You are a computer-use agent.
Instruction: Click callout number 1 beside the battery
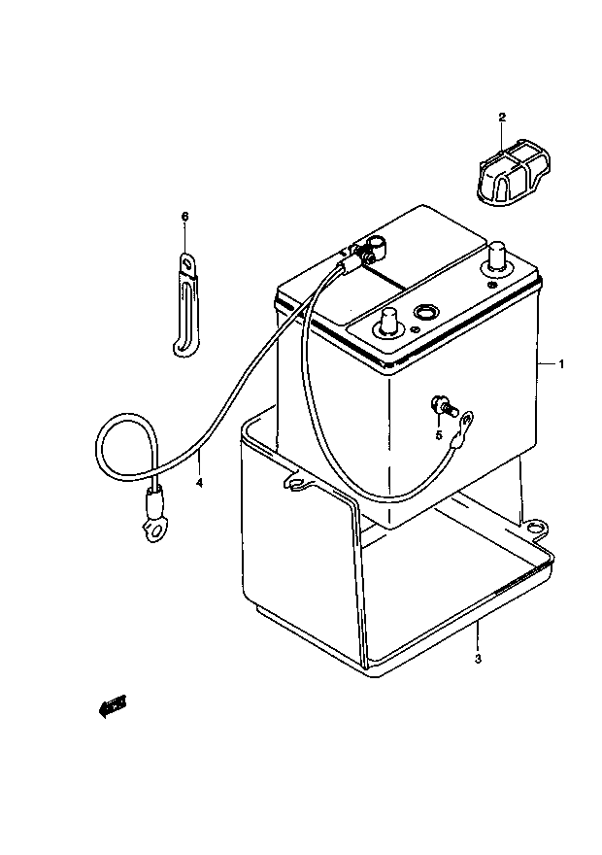(x=561, y=363)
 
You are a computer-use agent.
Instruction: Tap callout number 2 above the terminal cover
(x=502, y=117)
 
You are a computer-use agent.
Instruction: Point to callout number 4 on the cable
(x=199, y=483)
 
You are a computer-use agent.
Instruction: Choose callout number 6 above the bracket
(x=184, y=217)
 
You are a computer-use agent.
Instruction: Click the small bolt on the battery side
(x=443, y=407)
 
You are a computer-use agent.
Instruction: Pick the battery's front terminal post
(x=388, y=322)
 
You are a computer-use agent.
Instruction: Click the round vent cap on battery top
(x=424, y=312)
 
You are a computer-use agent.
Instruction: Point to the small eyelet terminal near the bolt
(x=466, y=421)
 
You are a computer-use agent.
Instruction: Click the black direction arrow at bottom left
(x=112, y=706)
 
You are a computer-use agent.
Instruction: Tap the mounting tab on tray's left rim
(x=297, y=482)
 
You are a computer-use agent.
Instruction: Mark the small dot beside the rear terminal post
(x=492, y=287)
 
